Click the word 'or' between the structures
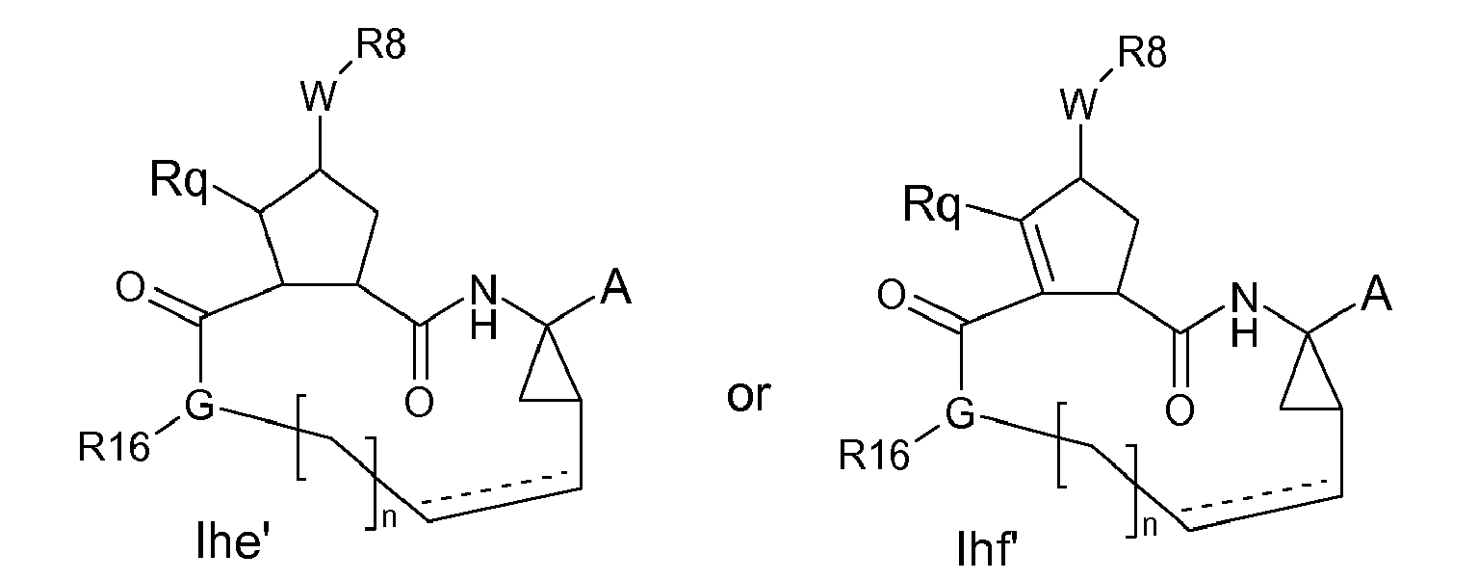[748, 396]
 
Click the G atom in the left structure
[198, 408]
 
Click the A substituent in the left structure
[614, 290]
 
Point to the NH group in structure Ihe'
[484, 306]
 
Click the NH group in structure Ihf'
[1244, 315]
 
